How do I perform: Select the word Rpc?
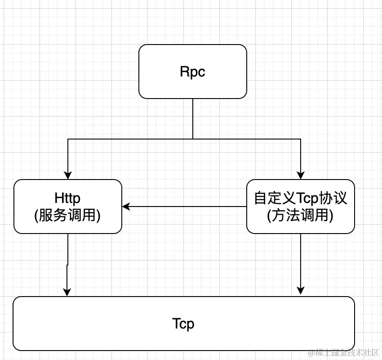(x=193, y=72)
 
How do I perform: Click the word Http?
(x=67, y=198)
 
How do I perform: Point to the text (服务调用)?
(x=67, y=216)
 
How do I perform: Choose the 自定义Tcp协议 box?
(x=301, y=227)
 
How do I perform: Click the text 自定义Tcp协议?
(x=301, y=198)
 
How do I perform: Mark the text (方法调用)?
(x=301, y=216)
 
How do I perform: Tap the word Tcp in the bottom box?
(x=183, y=324)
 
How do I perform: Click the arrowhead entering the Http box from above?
(x=68, y=175)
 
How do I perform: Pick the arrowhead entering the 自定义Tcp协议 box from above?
(x=301, y=175)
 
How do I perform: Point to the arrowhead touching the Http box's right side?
(x=126, y=207)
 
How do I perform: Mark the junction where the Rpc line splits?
(x=193, y=139)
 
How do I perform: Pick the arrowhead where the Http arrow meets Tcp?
(x=67, y=292)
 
